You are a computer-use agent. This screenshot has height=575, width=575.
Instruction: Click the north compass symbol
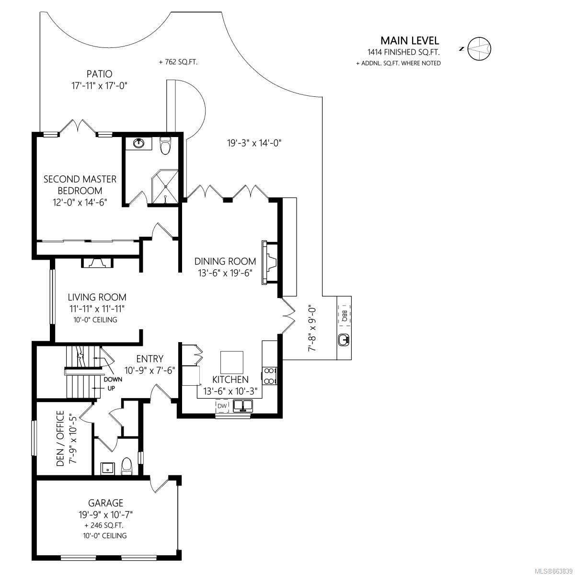[x=478, y=49]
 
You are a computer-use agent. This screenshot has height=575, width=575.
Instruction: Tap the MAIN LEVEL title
[x=410, y=41]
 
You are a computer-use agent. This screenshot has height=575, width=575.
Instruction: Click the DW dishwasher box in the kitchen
[x=222, y=406]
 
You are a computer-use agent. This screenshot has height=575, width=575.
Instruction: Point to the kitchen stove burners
[x=269, y=376]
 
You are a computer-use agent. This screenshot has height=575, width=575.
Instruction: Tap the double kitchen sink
[x=243, y=406]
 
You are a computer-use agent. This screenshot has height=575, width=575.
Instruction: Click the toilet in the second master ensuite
[x=165, y=146]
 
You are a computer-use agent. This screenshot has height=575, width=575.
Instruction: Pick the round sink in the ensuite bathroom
[x=138, y=143]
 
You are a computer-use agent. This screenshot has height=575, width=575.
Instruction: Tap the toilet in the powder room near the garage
[x=127, y=466]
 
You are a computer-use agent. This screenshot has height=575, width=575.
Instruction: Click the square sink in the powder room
[x=107, y=469]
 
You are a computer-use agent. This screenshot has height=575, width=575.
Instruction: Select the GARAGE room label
[x=105, y=503]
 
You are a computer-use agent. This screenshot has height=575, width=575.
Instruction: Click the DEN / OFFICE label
[x=60, y=438]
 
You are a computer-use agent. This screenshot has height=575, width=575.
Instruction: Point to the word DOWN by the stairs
[x=113, y=379]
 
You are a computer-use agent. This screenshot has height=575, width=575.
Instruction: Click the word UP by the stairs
[x=111, y=389]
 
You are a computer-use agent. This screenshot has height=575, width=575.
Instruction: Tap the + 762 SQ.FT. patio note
[x=178, y=62]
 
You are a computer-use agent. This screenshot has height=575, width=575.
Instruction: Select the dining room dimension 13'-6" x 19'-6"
[x=225, y=273]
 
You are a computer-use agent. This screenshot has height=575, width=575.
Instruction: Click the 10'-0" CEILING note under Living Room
[x=95, y=320]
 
